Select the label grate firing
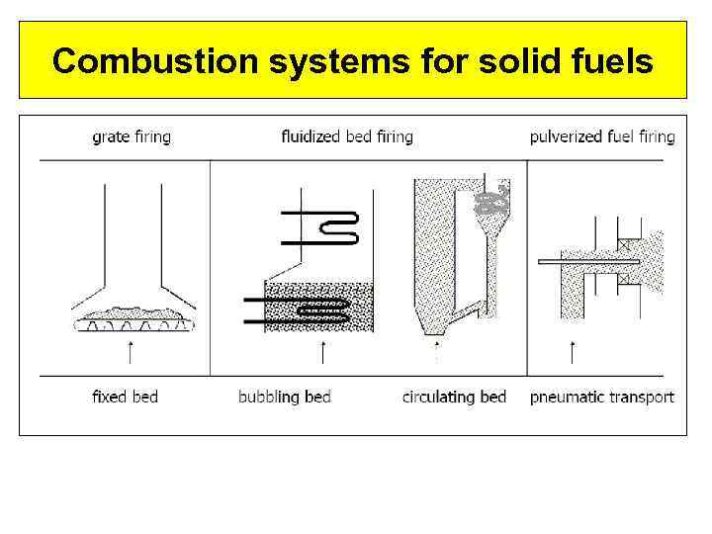tap(132, 136)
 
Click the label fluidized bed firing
tap(347, 136)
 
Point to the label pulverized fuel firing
tap(602, 136)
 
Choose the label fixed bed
tap(125, 397)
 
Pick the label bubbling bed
tap(285, 397)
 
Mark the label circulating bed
tap(454, 397)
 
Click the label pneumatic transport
tap(602, 397)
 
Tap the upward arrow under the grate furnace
tap(132, 351)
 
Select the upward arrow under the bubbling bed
tap(322, 351)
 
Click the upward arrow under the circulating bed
tap(436, 351)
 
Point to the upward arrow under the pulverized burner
tap(573, 351)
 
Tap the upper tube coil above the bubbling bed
tap(322, 228)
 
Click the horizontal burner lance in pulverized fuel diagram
tap(588, 261)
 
